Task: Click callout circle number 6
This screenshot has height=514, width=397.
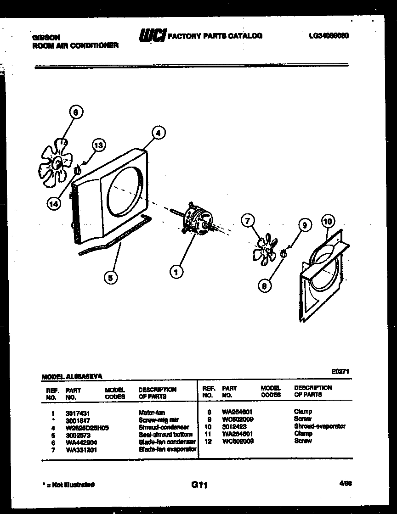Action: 76,112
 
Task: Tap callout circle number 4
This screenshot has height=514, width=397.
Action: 158,134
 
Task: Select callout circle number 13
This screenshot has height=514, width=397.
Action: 98,145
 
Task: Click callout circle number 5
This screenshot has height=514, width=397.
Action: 110,277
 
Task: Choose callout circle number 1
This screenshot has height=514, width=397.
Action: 176,272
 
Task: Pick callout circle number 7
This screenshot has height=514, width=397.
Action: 248,222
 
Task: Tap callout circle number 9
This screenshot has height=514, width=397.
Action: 304,225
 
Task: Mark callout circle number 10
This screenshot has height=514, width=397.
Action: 327,221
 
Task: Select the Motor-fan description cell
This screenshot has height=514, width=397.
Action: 152,413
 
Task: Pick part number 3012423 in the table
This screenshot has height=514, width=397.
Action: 234,426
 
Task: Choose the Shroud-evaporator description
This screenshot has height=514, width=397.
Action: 320,426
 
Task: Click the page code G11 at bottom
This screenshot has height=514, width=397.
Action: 198,485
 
